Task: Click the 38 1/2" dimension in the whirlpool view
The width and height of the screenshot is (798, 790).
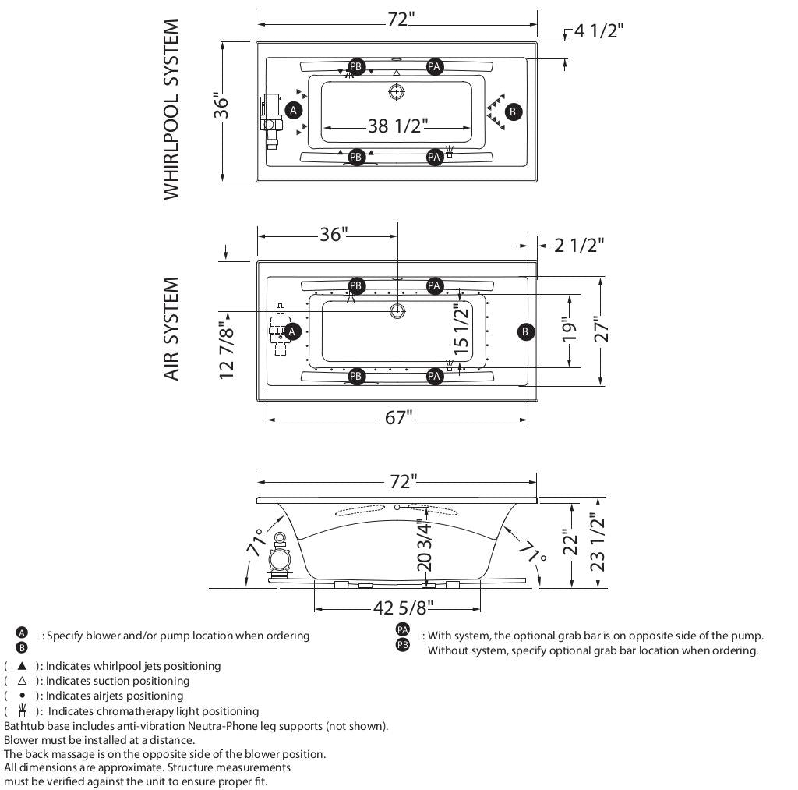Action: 397,126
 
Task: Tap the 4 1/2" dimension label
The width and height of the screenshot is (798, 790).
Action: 598,30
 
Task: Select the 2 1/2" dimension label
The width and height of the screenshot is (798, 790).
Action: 579,245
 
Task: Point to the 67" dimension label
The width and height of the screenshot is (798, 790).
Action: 397,419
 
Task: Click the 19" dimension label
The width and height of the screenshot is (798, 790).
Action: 570,330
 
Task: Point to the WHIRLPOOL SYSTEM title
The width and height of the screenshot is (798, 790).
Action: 171,110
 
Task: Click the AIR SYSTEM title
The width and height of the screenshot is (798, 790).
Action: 171,328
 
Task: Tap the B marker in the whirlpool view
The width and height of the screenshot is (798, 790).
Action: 512,112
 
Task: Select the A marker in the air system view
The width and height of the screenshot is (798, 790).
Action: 292,331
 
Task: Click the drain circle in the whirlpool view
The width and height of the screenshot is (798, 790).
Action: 397,92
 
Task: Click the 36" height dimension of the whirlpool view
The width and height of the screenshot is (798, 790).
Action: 222,107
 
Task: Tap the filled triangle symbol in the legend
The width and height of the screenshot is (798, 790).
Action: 22,666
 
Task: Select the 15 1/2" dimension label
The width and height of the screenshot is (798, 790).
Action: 462,330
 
